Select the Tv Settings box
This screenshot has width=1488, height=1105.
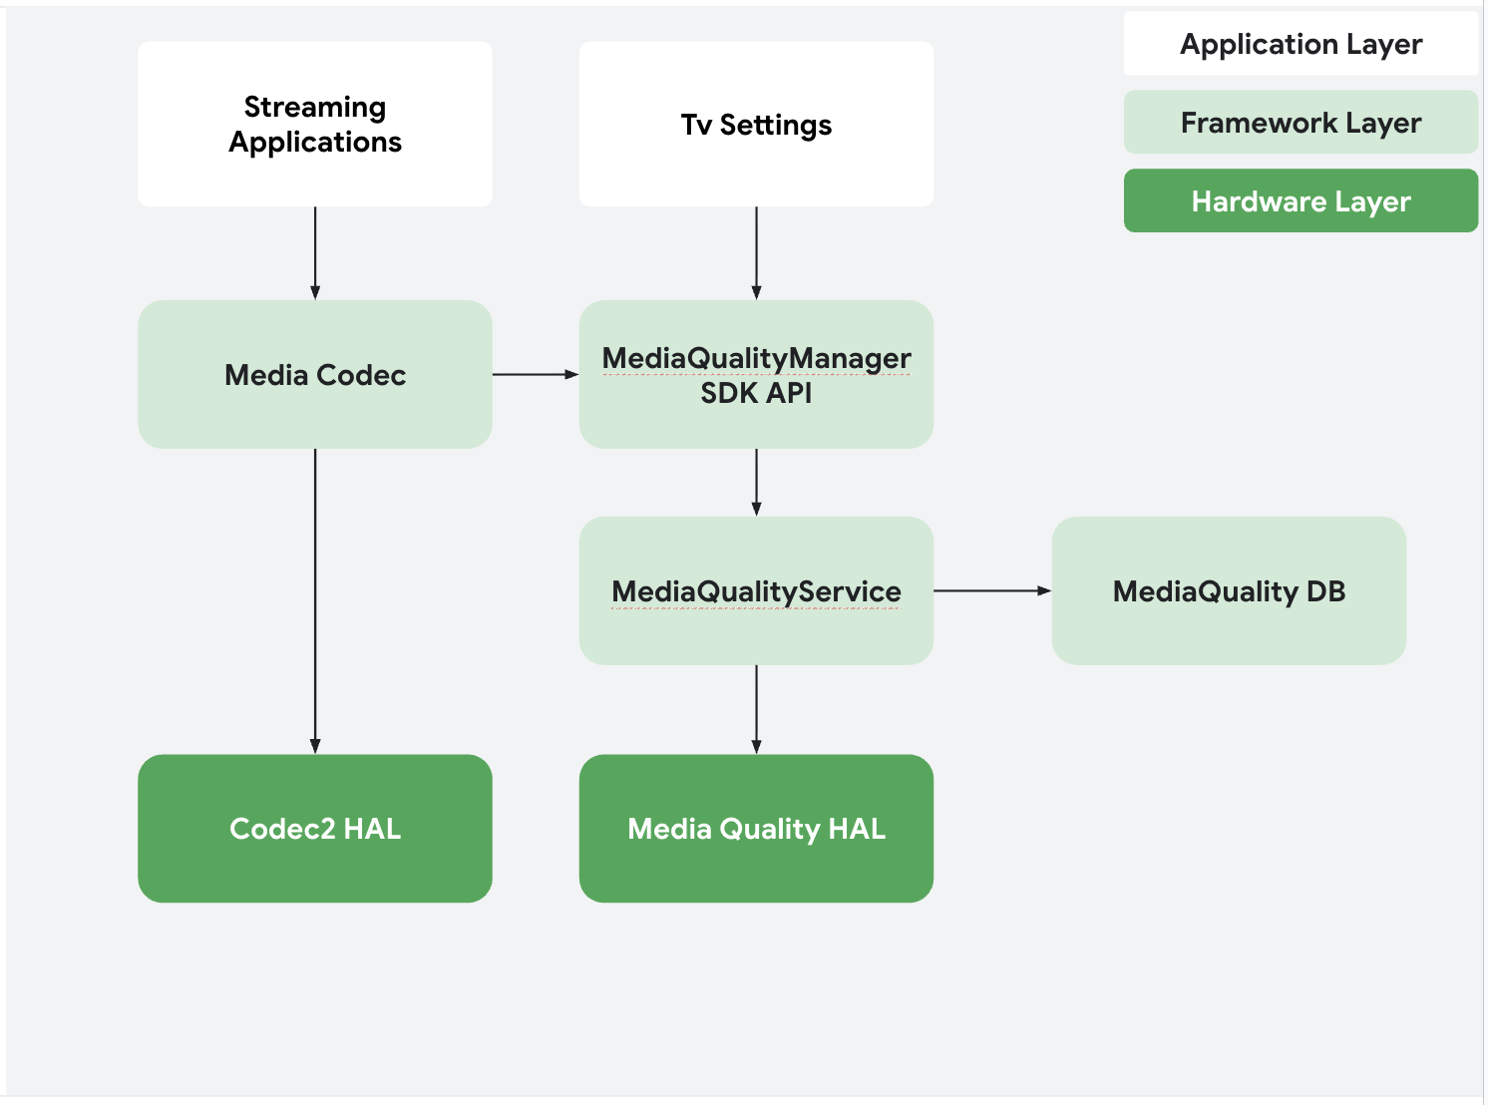756,125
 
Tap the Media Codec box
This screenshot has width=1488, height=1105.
315,375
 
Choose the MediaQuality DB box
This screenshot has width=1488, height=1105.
1229,591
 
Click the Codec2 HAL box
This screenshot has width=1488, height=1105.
315,829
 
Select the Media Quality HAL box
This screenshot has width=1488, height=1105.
756,829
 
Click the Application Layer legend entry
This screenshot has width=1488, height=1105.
1301,44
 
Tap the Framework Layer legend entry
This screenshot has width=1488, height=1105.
1301,123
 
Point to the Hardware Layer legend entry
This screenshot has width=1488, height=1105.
1301,201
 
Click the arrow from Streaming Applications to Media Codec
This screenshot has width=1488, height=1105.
315,253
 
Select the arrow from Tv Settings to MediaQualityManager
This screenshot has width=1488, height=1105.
756,253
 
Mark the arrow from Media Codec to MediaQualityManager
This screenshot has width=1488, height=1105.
536,375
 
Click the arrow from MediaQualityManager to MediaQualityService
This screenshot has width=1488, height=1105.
756,482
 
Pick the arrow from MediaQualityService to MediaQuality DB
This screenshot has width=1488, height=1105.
992,591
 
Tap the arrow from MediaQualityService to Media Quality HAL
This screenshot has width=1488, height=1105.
756,709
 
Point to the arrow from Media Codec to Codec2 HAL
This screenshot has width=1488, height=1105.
315,600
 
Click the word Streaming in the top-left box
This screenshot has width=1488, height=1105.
315,107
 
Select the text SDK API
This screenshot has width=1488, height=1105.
756,394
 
